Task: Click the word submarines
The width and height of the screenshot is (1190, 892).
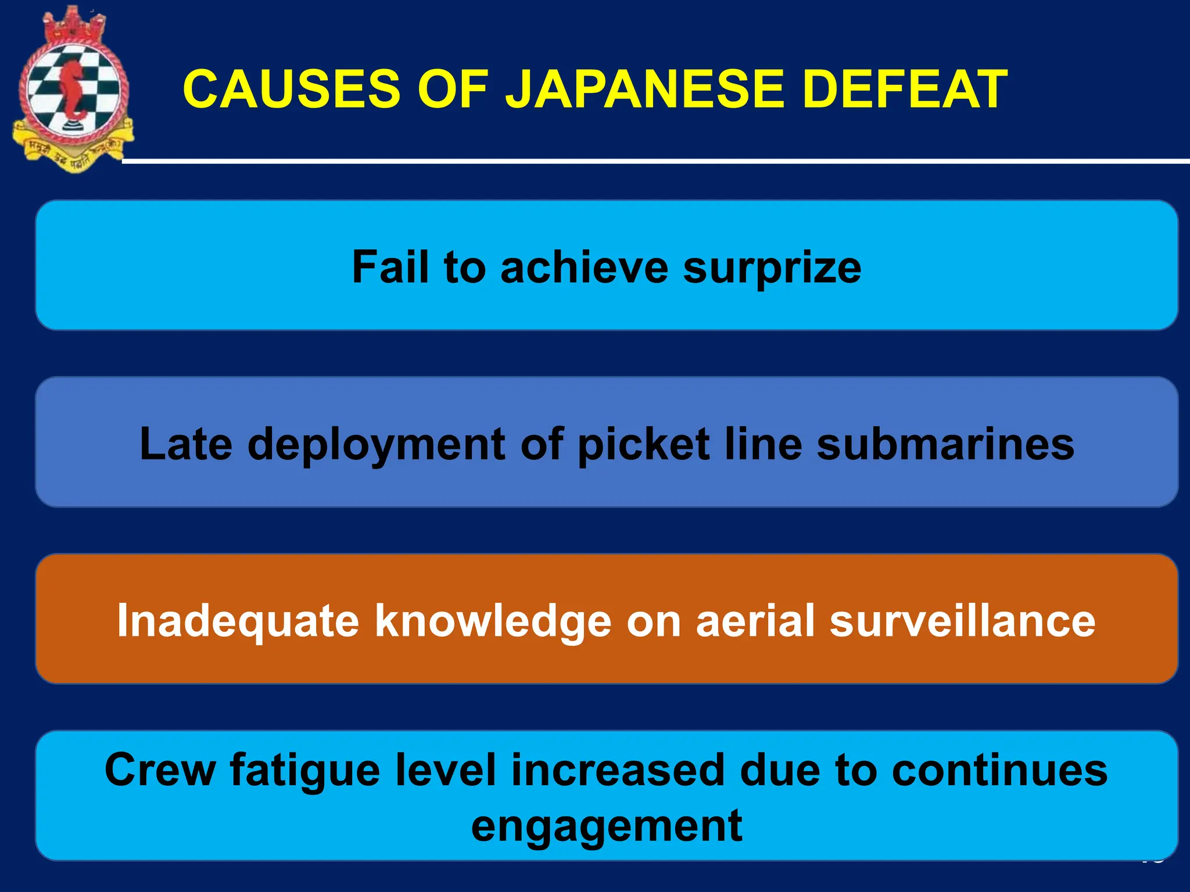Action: point(945,444)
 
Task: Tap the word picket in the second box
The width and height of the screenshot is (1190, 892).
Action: point(644,444)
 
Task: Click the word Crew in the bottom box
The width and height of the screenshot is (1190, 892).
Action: point(159,770)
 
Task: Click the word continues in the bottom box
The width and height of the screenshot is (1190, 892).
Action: point(999,770)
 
